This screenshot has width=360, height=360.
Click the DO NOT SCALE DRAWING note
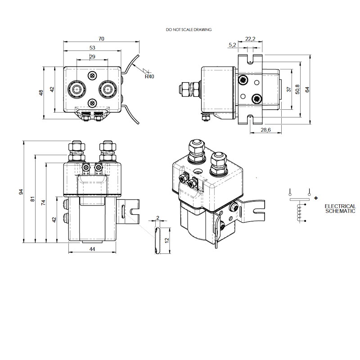tap(189, 29)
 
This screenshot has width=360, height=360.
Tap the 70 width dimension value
tap(101, 40)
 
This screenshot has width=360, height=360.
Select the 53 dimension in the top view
tap(92, 48)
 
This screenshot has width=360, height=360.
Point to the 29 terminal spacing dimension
tap(92, 57)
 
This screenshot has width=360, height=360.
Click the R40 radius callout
tap(149, 76)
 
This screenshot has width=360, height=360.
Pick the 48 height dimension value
tap(41, 93)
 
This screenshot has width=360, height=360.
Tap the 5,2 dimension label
tap(233, 45)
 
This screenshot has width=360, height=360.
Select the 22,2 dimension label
tap(251, 40)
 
